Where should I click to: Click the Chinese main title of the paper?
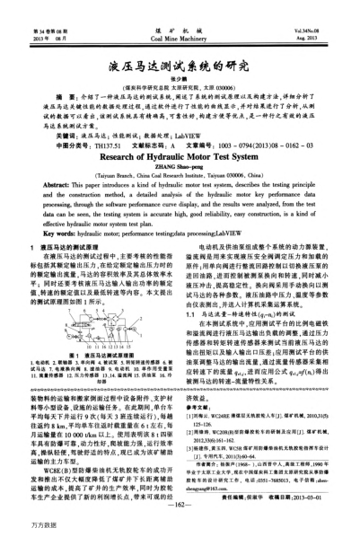click(180, 38)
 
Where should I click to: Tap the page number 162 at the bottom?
click(180, 506)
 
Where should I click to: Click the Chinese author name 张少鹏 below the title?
click(180, 56)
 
